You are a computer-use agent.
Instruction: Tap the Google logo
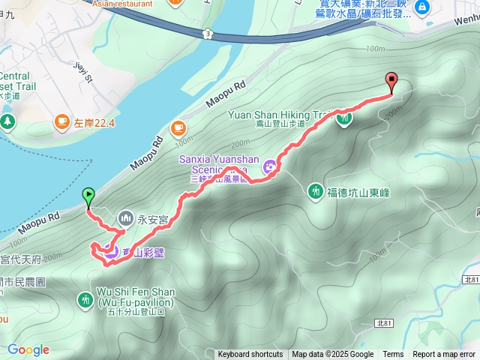click(x=28, y=349)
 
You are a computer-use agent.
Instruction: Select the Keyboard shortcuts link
click(x=250, y=354)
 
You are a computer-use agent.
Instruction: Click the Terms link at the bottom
click(x=393, y=354)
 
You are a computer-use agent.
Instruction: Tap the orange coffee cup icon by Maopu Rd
click(x=178, y=127)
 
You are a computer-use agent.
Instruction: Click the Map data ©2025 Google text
click(x=332, y=354)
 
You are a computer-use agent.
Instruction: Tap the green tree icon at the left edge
click(x=7, y=121)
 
